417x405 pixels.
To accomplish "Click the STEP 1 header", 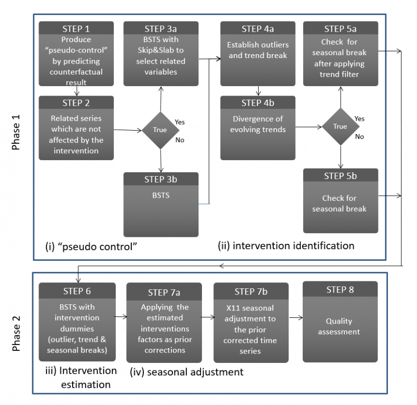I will click(x=76, y=28).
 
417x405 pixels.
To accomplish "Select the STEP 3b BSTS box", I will click(x=161, y=204).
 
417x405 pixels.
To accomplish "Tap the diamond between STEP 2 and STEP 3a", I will click(x=160, y=130).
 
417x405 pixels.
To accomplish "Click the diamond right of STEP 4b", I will click(x=340, y=126).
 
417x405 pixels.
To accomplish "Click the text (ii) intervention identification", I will click(x=286, y=246).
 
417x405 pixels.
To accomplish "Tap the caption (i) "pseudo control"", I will click(x=92, y=247).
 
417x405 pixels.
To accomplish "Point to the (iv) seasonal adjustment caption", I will click(x=186, y=372).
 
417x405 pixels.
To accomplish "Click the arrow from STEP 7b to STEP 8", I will click(x=295, y=317).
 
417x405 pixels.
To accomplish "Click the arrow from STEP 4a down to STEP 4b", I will click(x=258, y=91).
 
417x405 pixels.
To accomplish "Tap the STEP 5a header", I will click(x=340, y=29).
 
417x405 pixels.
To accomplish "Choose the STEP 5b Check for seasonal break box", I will click(x=340, y=201).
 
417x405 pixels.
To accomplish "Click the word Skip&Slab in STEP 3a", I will click(x=161, y=51).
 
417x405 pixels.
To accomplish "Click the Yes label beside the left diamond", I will click(x=180, y=122).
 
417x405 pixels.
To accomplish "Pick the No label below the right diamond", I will click(x=359, y=136).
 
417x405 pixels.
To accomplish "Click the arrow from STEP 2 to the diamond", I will click(x=127, y=130).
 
